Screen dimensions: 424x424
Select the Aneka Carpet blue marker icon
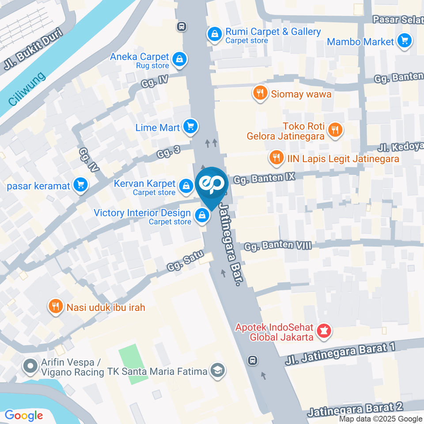tap(179, 60)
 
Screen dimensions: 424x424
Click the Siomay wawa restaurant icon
tap(260, 93)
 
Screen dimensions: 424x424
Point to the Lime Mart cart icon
tap(190, 127)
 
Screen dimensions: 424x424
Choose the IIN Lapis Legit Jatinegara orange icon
tap(276, 158)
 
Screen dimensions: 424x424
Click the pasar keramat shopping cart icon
tap(80, 185)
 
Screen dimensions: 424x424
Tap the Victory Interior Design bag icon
tap(202, 216)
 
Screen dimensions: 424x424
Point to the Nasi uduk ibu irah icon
tap(55, 307)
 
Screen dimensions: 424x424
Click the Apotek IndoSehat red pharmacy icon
tap(324, 331)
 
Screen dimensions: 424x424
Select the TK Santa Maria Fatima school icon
tap(217, 371)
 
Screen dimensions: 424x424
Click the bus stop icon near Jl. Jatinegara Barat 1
tap(252, 360)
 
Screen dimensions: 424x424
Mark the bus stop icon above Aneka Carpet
tap(181, 26)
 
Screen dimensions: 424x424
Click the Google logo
tap(23, 415)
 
